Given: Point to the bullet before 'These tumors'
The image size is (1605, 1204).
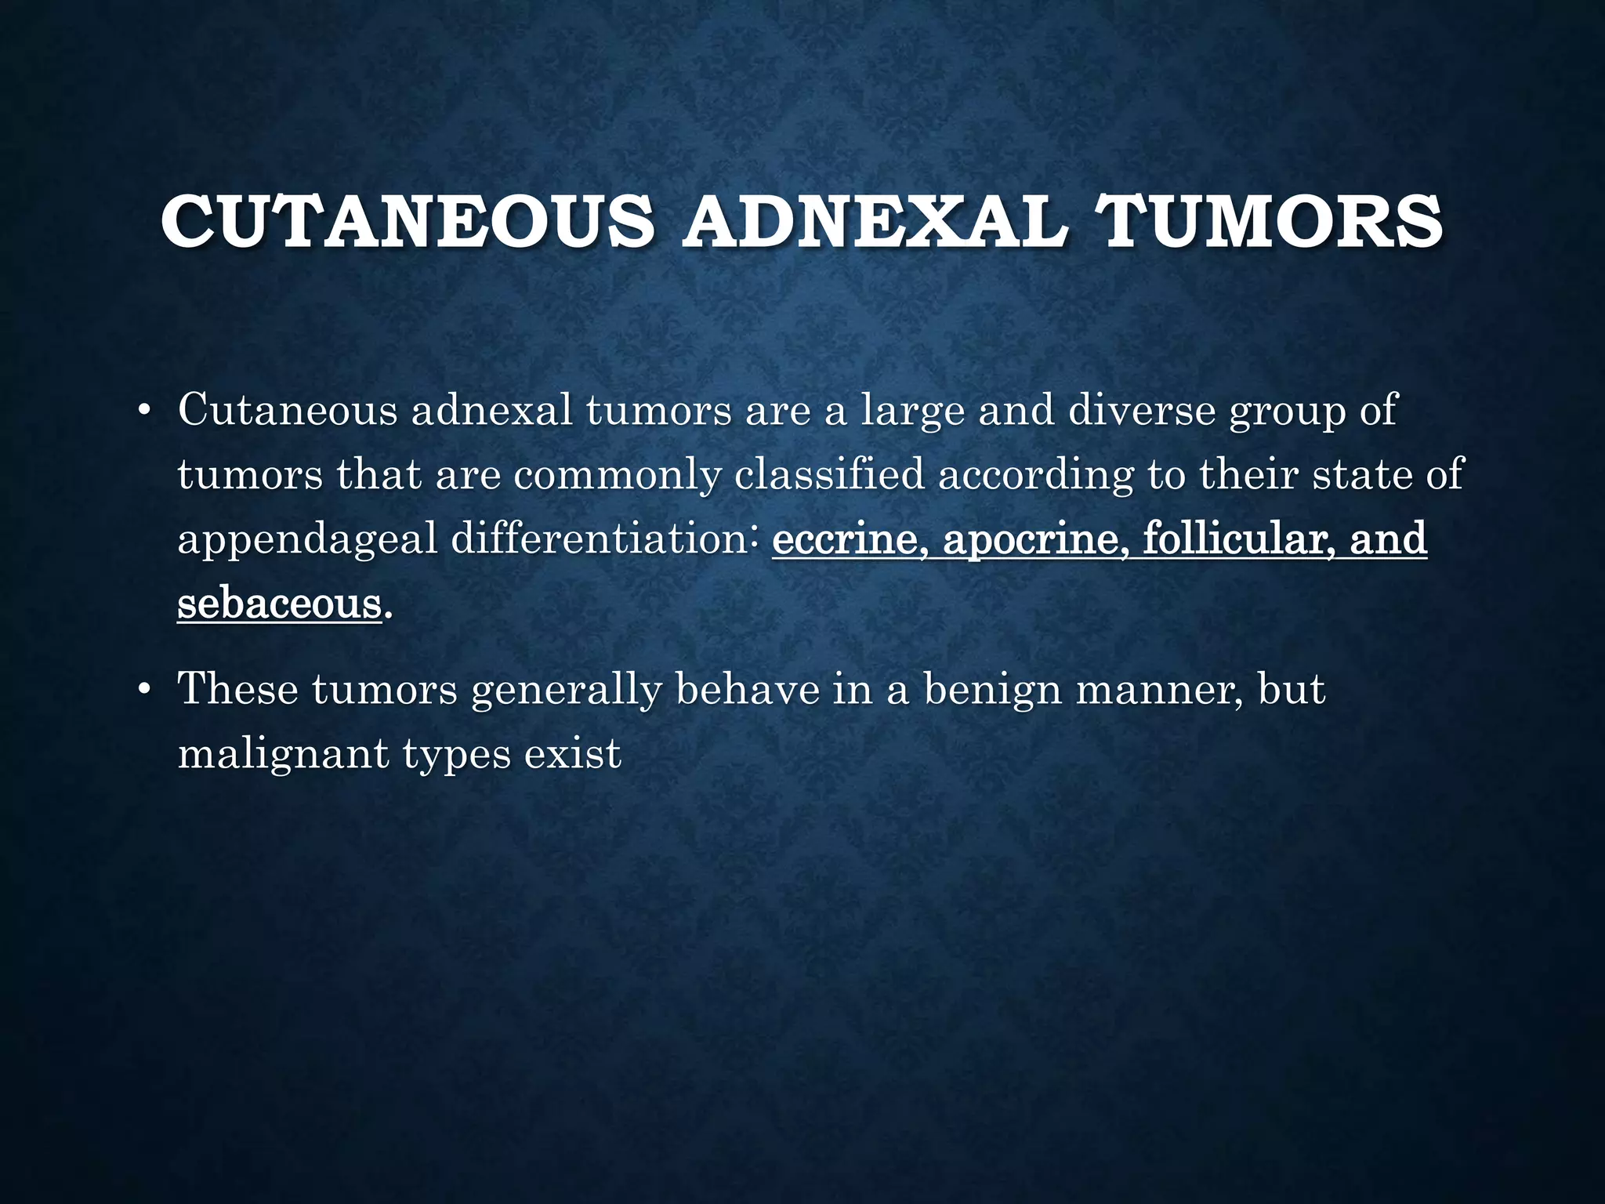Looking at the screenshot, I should pos(143,691).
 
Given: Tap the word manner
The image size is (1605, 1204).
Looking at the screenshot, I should pos(1158,691).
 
